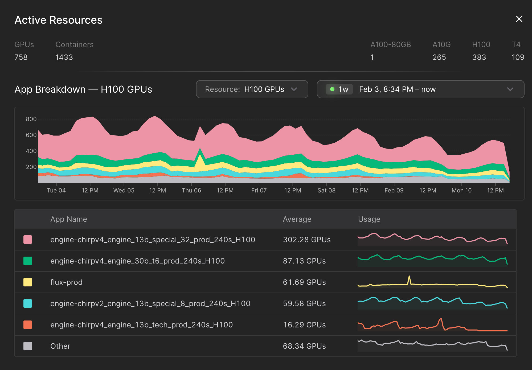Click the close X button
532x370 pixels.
[519, 19]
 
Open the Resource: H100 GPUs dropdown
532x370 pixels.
[252, 89]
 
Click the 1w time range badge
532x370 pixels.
[339, 89]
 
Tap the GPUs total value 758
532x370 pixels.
[21, 57]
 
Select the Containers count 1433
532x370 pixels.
[64, 57]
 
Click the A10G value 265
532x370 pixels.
[439, 57]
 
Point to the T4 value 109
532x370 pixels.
[518, 57]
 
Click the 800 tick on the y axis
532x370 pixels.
[31, 119]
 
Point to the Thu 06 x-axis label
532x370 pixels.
[191, 190]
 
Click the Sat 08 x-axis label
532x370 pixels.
[326, 190]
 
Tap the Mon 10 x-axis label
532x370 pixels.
[461, 190]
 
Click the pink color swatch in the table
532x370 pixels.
[28, 240]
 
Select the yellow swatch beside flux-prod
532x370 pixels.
[28, 282]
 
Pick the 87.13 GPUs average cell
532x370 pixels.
[304, 261]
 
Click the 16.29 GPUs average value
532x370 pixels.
[304, 325]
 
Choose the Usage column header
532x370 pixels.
[369, 219]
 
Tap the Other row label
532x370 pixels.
[60, 346]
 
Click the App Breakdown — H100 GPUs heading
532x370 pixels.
[83, 89]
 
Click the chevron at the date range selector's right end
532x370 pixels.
[510, 89]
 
